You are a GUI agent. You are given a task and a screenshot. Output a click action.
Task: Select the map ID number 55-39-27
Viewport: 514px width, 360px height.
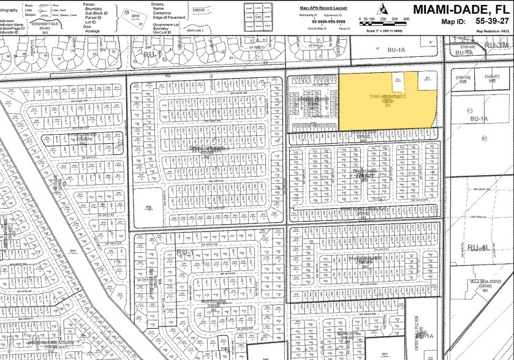tap(493, 21)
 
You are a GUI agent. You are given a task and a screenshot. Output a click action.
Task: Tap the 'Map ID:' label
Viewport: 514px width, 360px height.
tap(454, 22)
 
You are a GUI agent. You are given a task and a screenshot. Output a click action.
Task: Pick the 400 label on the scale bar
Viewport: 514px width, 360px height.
tap(406, 20)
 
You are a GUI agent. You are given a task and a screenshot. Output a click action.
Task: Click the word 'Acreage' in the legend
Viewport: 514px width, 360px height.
tap(93, 31)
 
